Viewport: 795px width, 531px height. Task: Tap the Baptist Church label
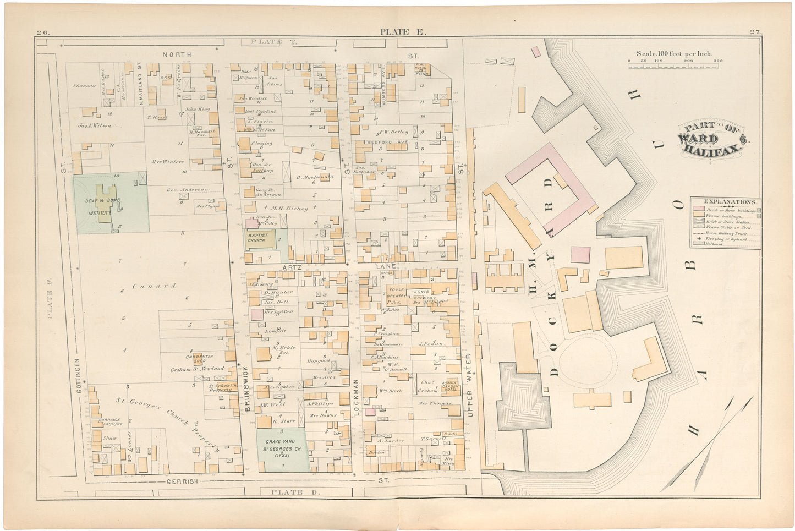click(x=256, y=238)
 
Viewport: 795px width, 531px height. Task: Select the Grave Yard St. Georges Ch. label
click(x=281, y=445)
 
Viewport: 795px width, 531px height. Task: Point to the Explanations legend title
click(x=725, y=202)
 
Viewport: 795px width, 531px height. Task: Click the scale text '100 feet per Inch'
click(x=674, y=54)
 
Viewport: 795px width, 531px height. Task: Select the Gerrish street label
click(x=182, y=481)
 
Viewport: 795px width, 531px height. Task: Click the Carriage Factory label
click(x=108, y=423)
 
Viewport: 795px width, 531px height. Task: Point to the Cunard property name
click(x=154, y=286)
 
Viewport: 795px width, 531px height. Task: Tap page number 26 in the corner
click(x=43, y=32)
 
